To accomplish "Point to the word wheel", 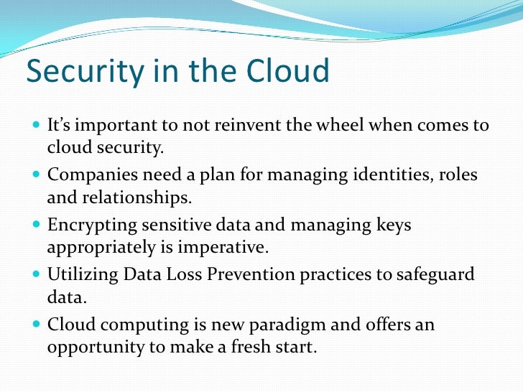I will point(349,126).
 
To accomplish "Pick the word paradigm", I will point(285,325).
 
